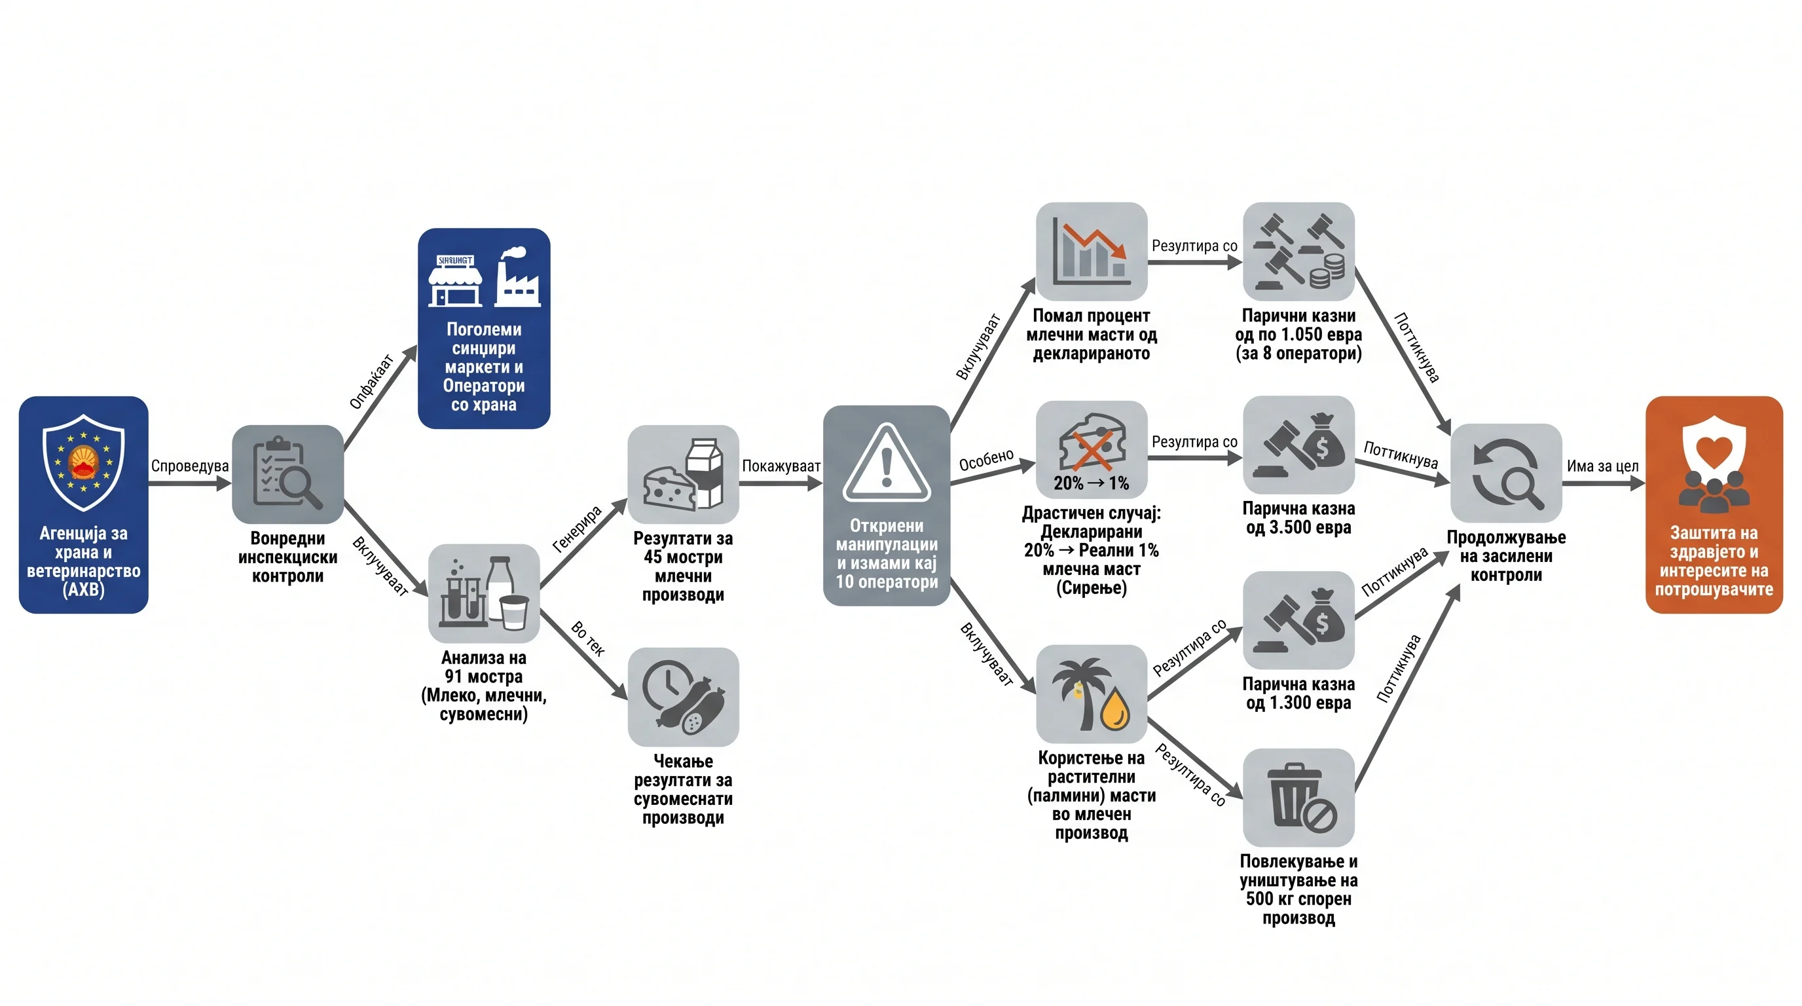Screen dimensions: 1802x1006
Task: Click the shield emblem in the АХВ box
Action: [83, 462]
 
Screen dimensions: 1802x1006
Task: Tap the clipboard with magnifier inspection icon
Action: [287, 474]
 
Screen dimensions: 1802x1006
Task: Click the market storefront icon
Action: [455, 280]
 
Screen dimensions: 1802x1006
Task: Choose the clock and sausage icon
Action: [683, 697]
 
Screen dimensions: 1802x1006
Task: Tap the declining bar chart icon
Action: [1092, 252]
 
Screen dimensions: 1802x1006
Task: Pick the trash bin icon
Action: [1298, 798]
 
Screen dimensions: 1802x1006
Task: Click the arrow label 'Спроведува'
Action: [190, 466]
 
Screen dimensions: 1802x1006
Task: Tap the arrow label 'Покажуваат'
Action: [781, 466]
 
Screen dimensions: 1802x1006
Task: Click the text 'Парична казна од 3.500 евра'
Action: [1298, 517]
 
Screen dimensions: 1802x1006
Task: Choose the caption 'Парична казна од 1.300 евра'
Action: [1298, 694]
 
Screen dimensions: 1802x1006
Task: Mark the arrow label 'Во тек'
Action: [587, 639]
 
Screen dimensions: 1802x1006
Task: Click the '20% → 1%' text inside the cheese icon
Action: [1092, 483]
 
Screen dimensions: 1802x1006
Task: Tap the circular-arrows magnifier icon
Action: [1506, 473]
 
